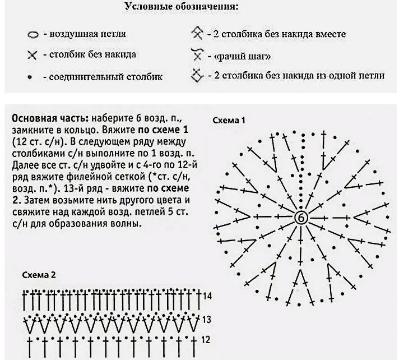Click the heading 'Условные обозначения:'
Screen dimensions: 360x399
pyautogui.click(x=180, y=8)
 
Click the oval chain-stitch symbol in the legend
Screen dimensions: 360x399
pyautogui.click(x=33, y=35)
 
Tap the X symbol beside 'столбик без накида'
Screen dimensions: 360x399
pyautogui.click(x=32, y=56)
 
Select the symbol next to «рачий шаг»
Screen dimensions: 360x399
pyautogui.click(x=196, y=55)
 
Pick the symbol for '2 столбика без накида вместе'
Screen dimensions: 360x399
pyautogui.click(x=197, y=33)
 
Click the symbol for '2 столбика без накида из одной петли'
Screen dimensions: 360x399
pyautogui.click(x=197, y=75)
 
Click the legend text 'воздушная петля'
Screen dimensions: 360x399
pyautogui.click(x=88, y=34)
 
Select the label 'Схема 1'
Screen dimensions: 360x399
pyautogui.click(x=229, y=120)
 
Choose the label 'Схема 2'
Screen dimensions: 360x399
pyautogui.click(x=39, y=275)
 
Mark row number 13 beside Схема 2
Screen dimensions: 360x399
pyautogui.click(x=206, y=320)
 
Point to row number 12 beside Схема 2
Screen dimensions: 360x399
pyautogui.click(x=206, y=340)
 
